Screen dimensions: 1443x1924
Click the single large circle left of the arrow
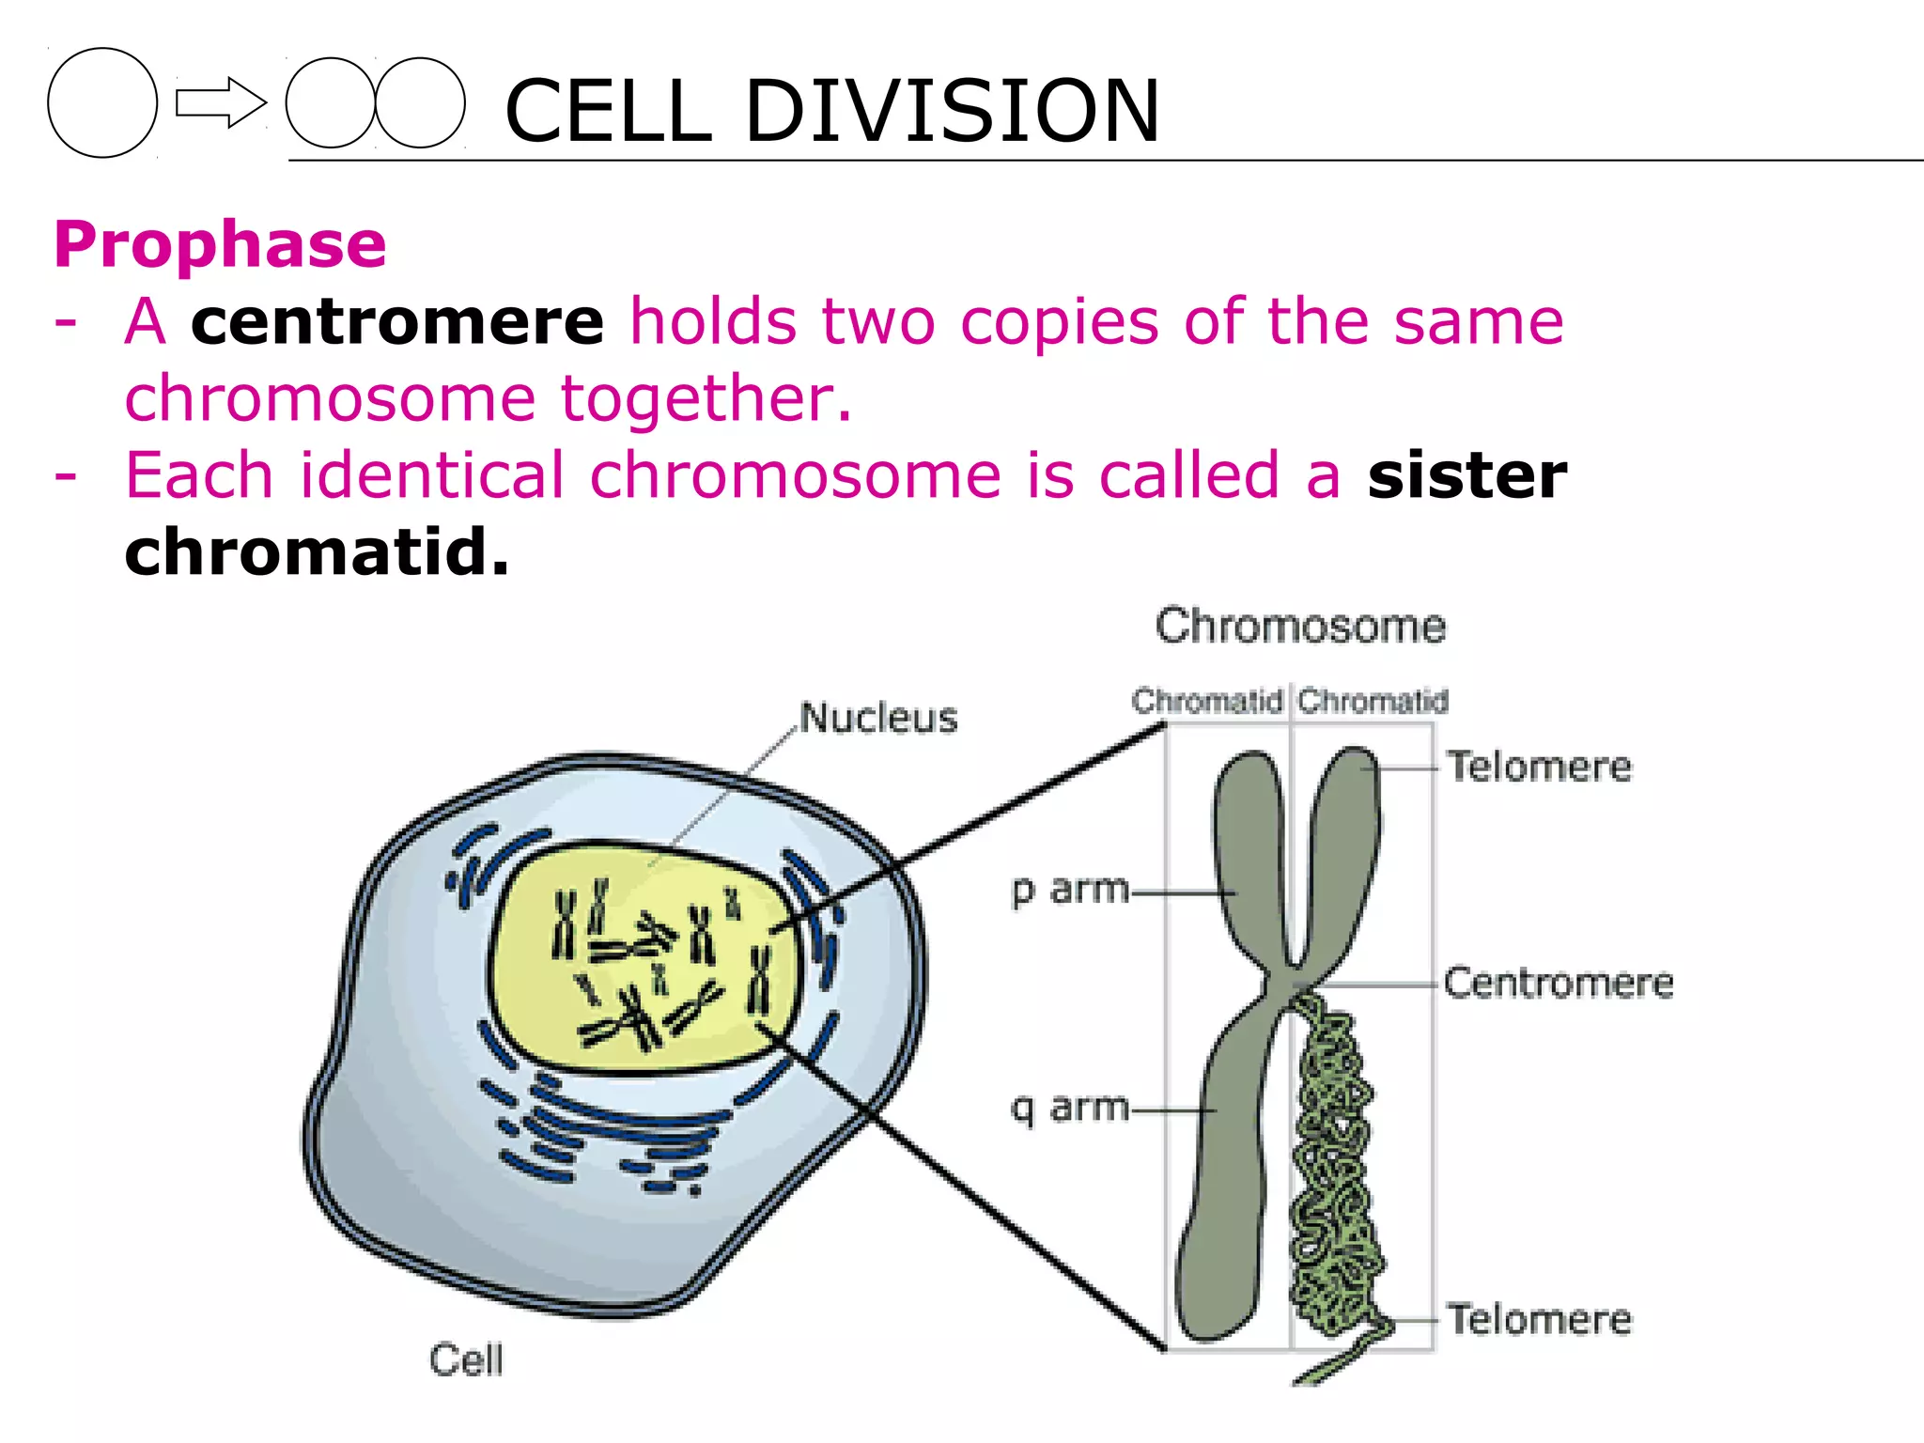pyautogui.click(x=102, y=102)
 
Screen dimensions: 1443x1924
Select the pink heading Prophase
pyautogui.click(x=220, y=244)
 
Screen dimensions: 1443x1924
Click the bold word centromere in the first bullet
pyautogui.click(x=397, y=321)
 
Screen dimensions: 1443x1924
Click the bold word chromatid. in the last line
pyautogui.click(x=317, y=551)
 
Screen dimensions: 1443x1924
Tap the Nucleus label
pyautogui.click(x=878, y=718)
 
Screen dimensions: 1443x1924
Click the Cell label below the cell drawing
pyautogui.click(x=466, y=1359)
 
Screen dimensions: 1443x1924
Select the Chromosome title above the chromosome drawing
pyautogui.click(x=1300, y=627)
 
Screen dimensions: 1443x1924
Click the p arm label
pyautogui.click(x=1070, y=889)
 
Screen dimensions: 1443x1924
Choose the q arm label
pyautogui.click(x=1070, y=1109)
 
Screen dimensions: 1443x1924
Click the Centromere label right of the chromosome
pyautogui.click(x=1559, y=984)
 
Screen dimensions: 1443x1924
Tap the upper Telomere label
pyautogui.click(x=1539, y=767)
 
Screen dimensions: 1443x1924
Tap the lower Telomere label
pyautogui.click(x=1539, y=1319)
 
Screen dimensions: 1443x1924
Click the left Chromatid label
pyautogui.click(x=1207, y=701)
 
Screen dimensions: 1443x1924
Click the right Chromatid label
pyautogui.click(x=1373, y=701)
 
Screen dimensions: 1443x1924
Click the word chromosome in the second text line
pyautogui.click(x=330, y=398)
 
